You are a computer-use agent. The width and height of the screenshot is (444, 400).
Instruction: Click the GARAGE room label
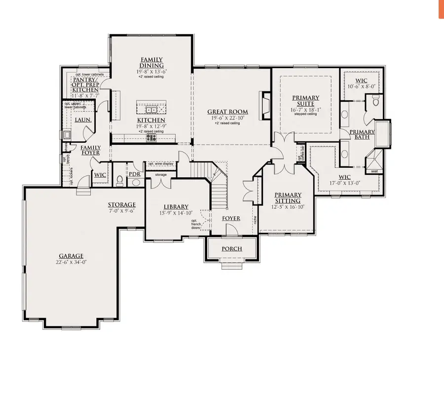(x=72, y=256)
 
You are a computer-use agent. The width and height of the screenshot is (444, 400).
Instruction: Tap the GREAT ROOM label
(x=227, y=112)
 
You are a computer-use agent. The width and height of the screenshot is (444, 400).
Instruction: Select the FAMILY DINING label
(x=151, y=63)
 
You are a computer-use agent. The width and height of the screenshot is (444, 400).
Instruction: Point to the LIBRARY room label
(x=176, y=206)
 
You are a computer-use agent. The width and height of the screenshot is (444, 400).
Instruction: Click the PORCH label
(x=232, y=248)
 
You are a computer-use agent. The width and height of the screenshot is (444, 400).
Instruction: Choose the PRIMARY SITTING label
(x=288, y=198)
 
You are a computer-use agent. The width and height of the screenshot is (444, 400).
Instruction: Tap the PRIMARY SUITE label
(x=305, y=101)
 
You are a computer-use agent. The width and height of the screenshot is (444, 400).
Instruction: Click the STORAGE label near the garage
(x=122, y=205)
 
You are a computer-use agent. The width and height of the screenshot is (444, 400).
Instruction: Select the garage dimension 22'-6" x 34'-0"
(x=72, y=262)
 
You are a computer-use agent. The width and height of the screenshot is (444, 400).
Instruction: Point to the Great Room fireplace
(x=265, y=106)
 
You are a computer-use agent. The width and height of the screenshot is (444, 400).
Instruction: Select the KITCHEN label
(x=151, y=120)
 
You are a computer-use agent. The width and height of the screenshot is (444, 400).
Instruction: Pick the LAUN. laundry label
(x=81, y=120)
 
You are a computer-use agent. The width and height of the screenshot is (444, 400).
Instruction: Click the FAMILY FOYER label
(x=90, y=150)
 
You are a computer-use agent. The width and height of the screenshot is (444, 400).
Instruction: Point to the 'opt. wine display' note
(x=161, y=163)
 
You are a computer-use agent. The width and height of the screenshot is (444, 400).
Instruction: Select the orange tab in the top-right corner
(x=441, y=9)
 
